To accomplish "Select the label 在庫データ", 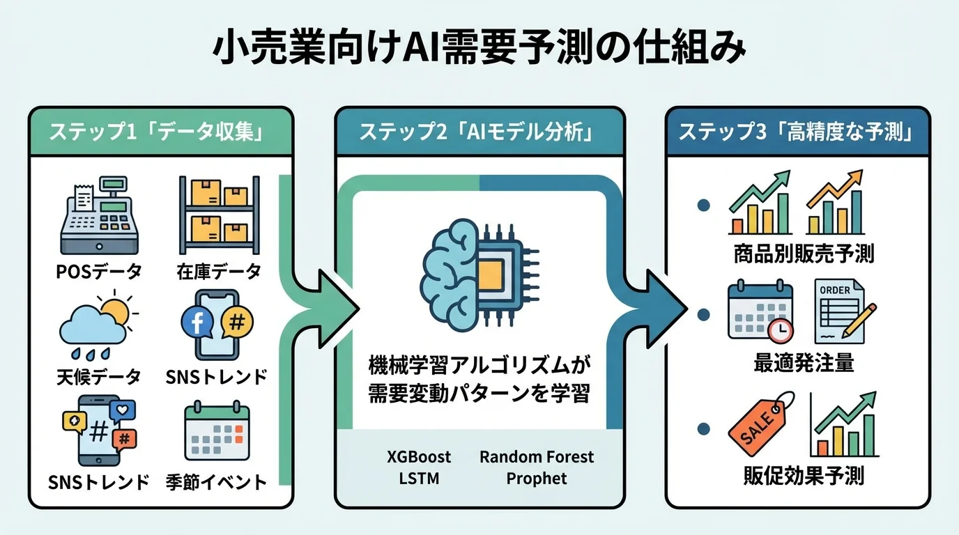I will (219, 271).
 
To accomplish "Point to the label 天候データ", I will (98, 377).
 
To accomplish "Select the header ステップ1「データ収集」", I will (160, 132).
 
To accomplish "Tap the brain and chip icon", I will (479, 274).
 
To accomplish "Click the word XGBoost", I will (419, 457).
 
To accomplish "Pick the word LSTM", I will (419, 479).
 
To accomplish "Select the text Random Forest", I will (537, 457).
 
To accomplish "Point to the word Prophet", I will (537, 479).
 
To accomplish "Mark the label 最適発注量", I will (804, 363).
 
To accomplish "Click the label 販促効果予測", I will (804, 476).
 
